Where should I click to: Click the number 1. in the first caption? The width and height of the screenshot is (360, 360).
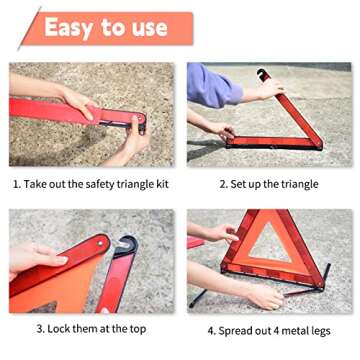point(17,184)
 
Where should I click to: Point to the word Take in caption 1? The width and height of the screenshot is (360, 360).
point(37,184)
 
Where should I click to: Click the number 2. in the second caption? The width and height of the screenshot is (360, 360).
point(224,184)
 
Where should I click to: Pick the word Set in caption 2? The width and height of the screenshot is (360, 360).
point(241,184)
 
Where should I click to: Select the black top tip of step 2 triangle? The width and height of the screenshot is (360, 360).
point(262,74)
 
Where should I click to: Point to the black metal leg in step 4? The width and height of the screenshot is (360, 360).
point(200,297)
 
